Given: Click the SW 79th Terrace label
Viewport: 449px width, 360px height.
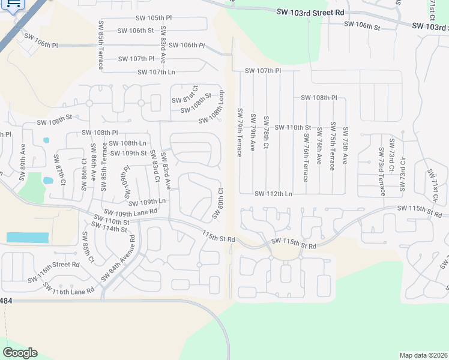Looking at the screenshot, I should point(240,133).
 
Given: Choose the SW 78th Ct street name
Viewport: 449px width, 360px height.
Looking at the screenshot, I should point(266,133).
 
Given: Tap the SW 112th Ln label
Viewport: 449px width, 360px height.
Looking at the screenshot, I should point(273,194).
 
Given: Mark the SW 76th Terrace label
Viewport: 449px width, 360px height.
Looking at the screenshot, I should point(306,157).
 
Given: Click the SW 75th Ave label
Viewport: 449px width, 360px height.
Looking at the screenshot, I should point(345,146).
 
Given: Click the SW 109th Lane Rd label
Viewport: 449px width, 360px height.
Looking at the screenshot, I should point(130,212).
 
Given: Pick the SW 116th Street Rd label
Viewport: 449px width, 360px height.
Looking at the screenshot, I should point(54,264).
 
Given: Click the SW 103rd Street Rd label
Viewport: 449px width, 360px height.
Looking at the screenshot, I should point(310,12).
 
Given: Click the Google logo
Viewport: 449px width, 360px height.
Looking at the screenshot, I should point(20,352).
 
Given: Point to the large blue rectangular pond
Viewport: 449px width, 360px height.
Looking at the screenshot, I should point(27,237).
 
